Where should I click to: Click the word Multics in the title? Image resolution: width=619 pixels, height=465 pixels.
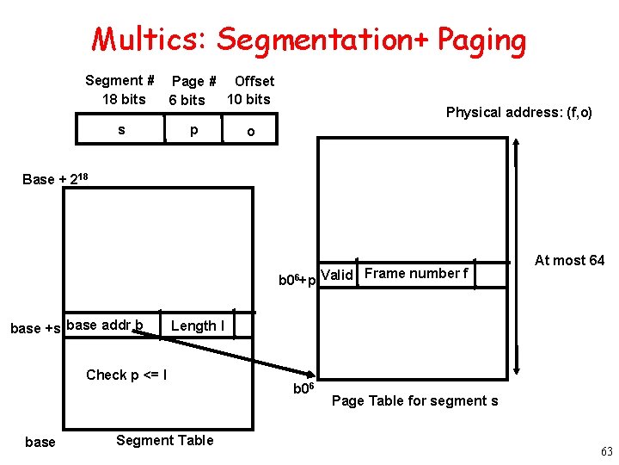pyautogui.click(x=147, y=39)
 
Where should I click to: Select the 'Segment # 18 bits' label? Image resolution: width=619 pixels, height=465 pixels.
pyautogui.click(x=120, y=90)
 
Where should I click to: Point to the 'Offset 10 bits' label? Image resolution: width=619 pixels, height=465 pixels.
pyautogui.click(x=250, y=90)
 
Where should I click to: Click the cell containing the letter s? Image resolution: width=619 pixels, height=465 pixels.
pyautogui.click(x=121, y=129)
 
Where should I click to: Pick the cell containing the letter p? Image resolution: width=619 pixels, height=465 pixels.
pyautogui.click(x=194, y=129)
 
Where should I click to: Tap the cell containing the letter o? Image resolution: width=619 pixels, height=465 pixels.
pyautogui.click(x=250, y=131)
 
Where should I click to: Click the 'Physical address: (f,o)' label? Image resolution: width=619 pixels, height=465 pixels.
pyautogui.click(x=518, y=112)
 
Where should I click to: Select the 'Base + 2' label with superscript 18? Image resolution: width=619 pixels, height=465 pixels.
pyautogui.click(x=55, y=178)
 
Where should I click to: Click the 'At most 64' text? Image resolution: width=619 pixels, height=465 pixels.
pyautogui.click(x=569, y=260)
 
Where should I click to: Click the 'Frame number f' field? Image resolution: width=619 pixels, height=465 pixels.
pyautogui.click(x=416, y=274)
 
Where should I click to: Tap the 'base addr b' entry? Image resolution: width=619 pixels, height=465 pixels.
pyautogui.click(x=104, y=325)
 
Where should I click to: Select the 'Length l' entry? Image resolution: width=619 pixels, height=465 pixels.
pyautogui.click(x=198, y=325)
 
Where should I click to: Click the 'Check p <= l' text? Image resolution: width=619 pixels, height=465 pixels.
pyautogui.click(x=126, y=375)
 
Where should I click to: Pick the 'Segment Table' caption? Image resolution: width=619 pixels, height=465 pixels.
pyautogui.click(x=164, y=440)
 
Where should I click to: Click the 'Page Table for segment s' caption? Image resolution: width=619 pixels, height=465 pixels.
pyautogui.click(x=414, y=400)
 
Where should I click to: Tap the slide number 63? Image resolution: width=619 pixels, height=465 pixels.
pyautogui.click(x=606, y=451)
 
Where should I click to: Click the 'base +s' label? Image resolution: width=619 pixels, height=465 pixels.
pyautogui.click(x=35, y=327)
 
